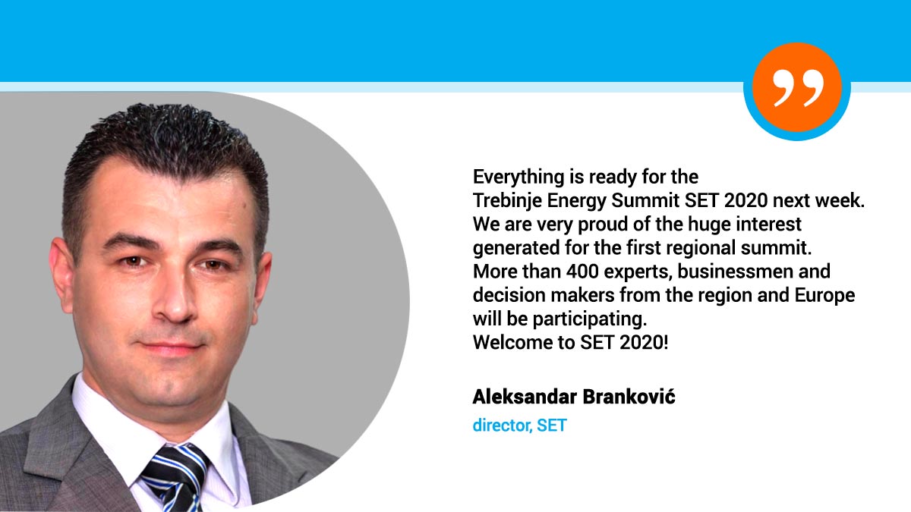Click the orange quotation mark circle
[x=796, y=87]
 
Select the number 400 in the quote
[x=582, y=272]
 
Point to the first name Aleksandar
[x=525, y=397]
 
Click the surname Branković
[x=629, y=397]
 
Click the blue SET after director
[x=551, y=426]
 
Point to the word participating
[x=590, y=319]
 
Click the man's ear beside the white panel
[x=61, y=275]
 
